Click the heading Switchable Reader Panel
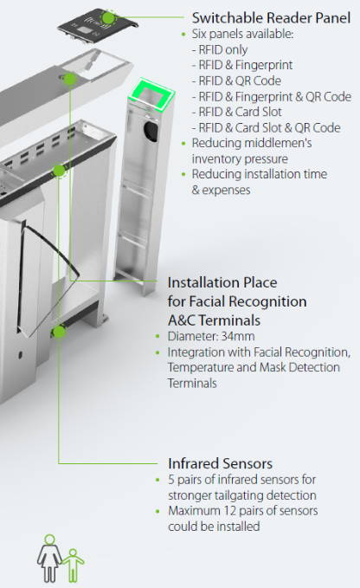coord(271,18)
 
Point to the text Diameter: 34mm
coord(211,336)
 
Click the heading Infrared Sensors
coord(221,463)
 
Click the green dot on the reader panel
coord(108,17)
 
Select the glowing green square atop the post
coord(151,95)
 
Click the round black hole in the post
coord(151,131)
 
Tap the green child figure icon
coord(73,565)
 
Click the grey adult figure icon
coord(49,558)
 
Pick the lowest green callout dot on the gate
coord(59,332)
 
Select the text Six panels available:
coord(242,34)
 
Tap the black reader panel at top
coord(98,25)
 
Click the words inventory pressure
coord(240,159)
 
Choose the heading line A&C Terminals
coord(214,321)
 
